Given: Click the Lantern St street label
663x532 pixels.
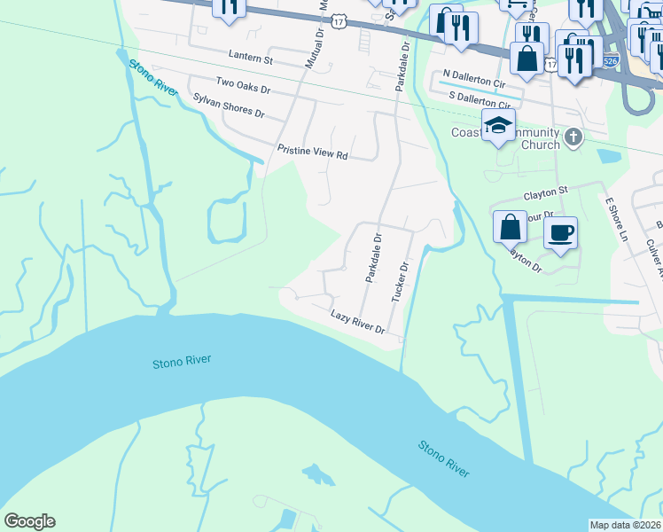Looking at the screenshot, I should point(250,59).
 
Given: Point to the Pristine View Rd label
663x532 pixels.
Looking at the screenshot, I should point(311,152).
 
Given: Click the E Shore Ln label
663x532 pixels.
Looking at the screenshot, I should point(616,220).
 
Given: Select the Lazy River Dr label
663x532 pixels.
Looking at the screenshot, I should point(357,321).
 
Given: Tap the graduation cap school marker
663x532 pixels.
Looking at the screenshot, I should point(498,126).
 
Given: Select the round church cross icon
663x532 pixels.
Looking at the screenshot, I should point(574,137).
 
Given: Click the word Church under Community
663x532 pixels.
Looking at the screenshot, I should point(541,145).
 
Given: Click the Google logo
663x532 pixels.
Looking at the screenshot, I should point(29,521).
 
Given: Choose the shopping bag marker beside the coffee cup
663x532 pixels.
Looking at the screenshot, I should point(511,228).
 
